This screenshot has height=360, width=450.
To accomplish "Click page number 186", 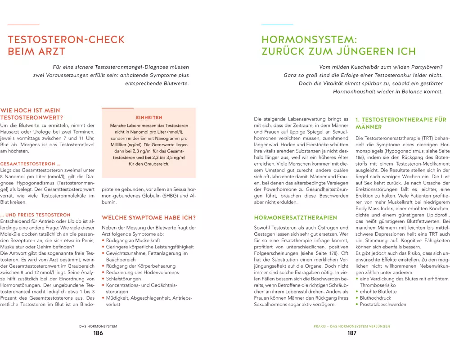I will (98, 333).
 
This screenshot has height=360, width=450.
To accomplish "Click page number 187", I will (351, 333).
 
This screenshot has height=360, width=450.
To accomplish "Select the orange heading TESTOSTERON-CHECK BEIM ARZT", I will (58, 45).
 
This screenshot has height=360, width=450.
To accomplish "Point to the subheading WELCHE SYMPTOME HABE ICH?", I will (149, 218).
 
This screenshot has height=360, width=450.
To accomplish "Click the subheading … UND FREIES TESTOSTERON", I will (36, 215).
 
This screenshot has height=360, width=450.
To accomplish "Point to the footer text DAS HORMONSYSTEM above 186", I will (98, 326).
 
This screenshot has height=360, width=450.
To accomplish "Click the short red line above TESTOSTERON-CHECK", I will (23, 24).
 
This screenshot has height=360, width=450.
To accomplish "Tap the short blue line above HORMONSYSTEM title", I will (277, 24).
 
